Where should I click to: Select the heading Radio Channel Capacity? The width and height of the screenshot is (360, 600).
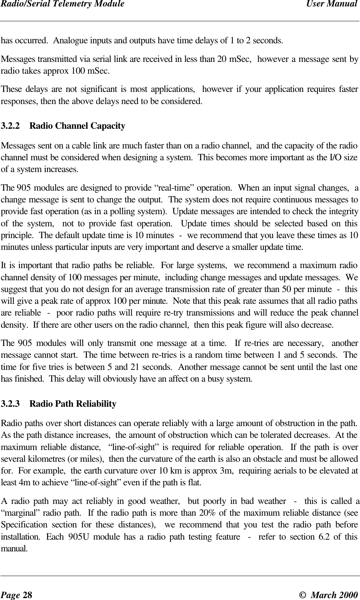[x=77, y=126]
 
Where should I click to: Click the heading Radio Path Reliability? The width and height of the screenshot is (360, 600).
[x=73, y=404]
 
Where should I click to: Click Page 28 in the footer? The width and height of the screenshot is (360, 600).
[x=16, y=594]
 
